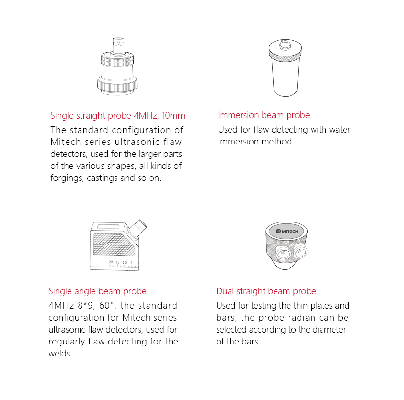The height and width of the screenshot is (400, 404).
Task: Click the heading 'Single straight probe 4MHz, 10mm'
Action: (x=118, y=116)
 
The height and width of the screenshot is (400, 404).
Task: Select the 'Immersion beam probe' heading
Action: (x=264, y=115)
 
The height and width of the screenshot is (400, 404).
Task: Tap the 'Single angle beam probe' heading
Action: (x=97, y=291)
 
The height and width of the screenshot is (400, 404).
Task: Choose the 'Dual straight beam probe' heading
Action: (x=266, y=291)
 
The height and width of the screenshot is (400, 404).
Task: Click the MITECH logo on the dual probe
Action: (x=287, y=231)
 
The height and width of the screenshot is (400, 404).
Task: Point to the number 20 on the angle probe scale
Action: (x=111, y=262)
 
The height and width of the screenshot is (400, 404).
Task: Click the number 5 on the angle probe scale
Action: (x=131, y=263)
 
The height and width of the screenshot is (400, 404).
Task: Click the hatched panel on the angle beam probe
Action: (x=114, y=244)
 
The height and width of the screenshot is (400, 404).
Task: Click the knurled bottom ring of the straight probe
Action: (x=117, y=85)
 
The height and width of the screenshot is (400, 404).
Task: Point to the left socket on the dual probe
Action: (x=283, y=254)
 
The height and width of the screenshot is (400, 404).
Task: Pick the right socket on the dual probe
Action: (x=300, y=251)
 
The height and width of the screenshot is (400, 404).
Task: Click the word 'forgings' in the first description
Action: (x=67, y=178)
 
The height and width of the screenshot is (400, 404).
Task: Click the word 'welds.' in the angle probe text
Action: (x=60, y=354)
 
